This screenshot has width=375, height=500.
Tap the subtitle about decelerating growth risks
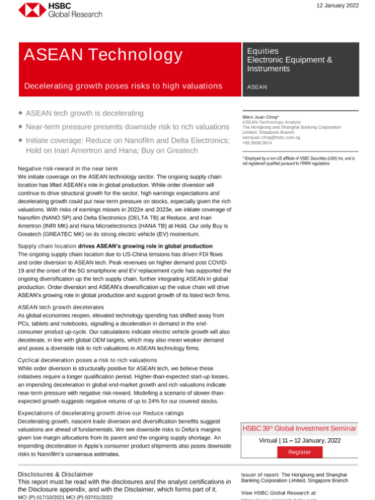click(x=123, y=86)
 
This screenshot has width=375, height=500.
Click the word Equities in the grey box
click(x=262, y=51)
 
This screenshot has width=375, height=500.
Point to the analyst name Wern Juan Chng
click(x=261, y=117)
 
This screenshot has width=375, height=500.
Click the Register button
click(x=299, y=452)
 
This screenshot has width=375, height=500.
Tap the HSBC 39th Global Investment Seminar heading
click(x=299, y=429)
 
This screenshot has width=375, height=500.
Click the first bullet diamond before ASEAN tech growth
click(x=21, y=112)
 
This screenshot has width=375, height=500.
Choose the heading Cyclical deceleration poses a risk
click(x=87, y=360)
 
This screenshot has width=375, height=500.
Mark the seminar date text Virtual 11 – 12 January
click(x=299, y=441)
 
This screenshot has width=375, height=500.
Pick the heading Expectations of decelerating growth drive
click(x=101, y=413)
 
